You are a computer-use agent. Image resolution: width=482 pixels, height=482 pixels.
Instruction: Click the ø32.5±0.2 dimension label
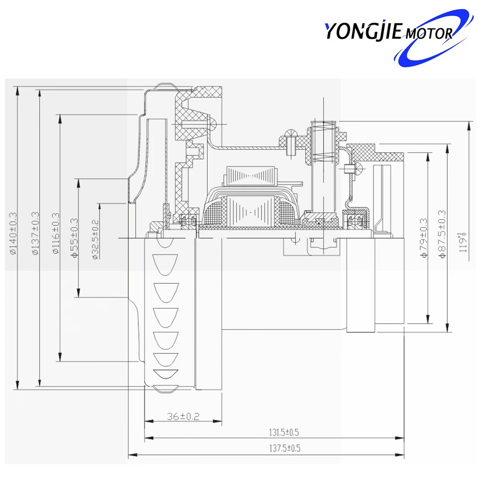click(95, 239)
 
